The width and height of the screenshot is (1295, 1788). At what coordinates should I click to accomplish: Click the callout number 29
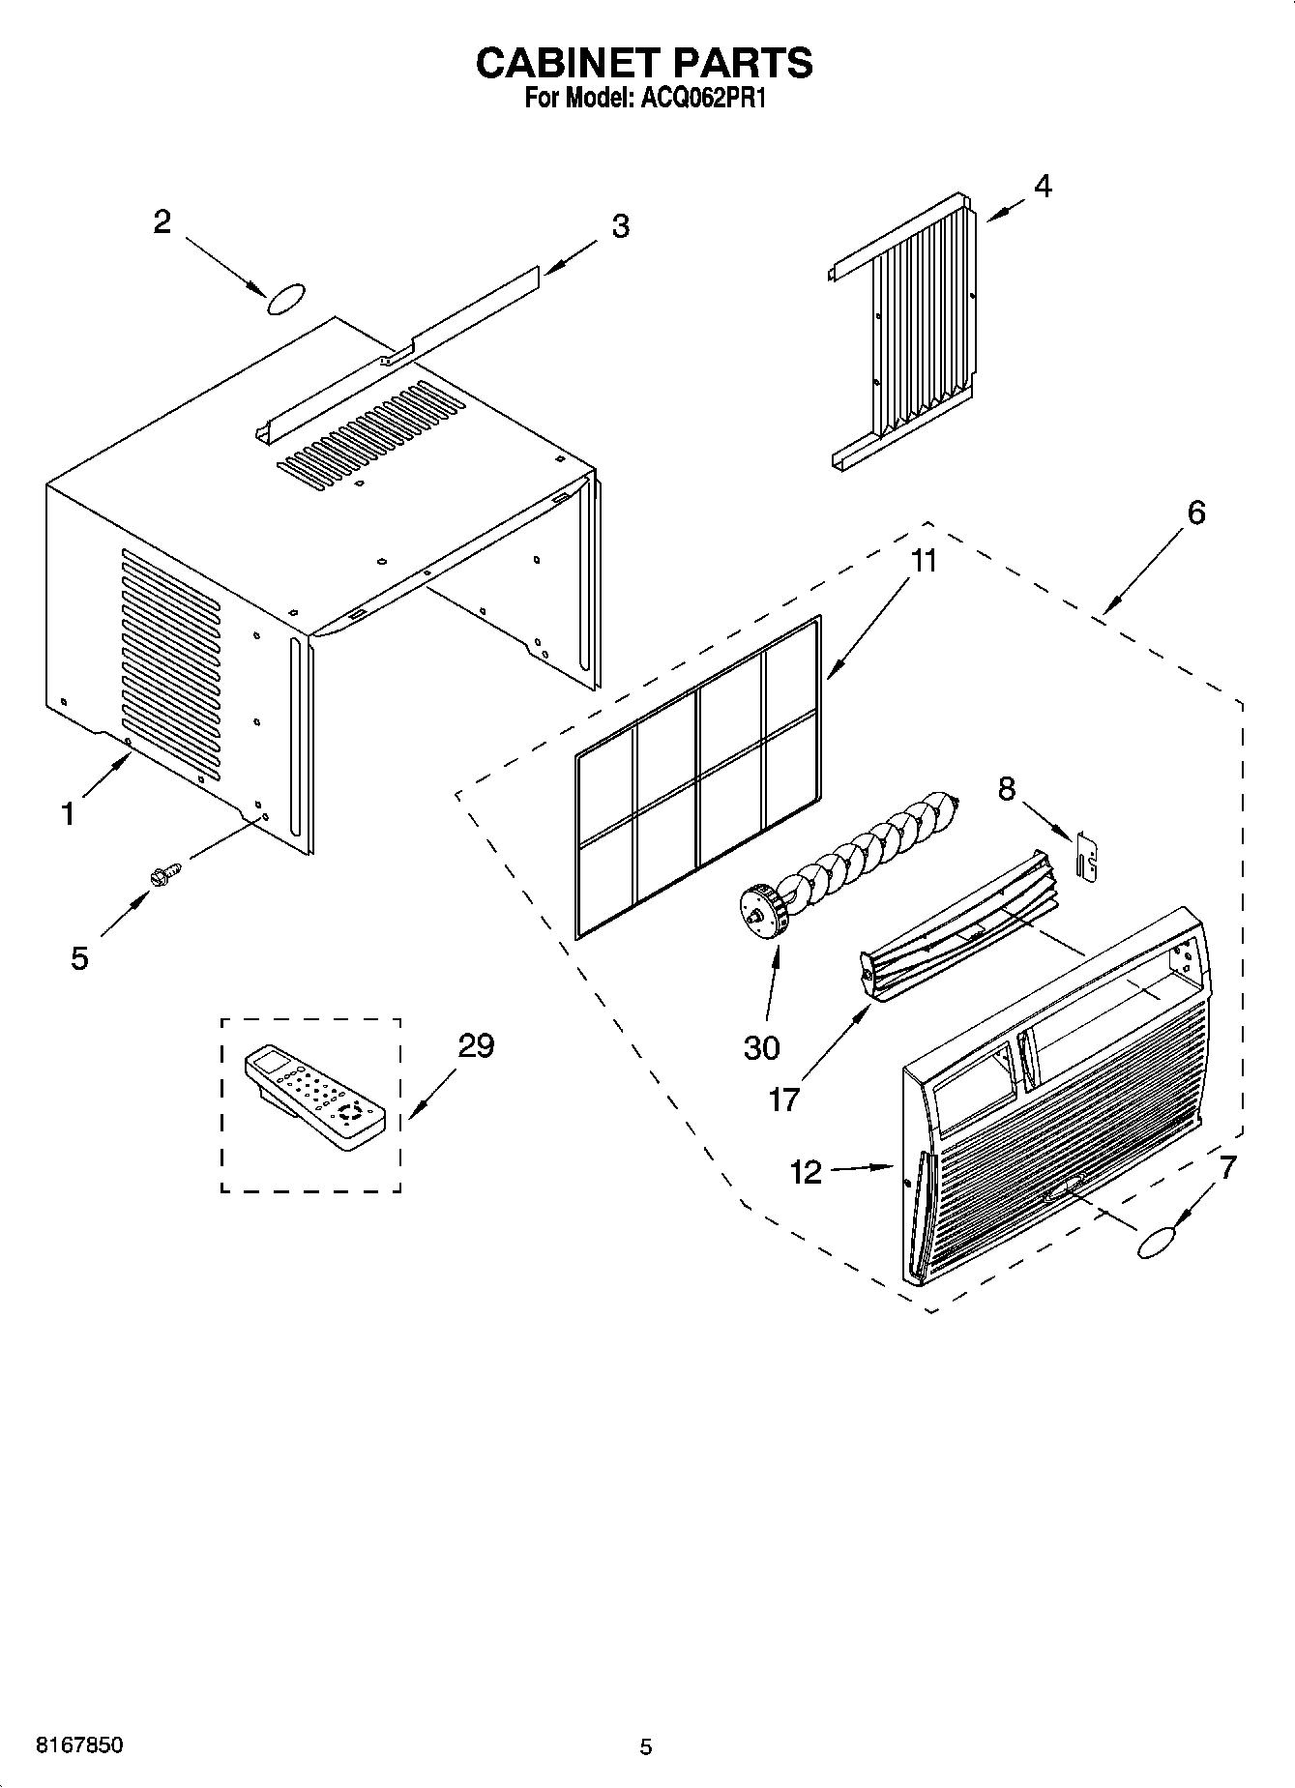476,1045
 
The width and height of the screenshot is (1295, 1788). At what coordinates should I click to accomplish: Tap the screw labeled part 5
164,875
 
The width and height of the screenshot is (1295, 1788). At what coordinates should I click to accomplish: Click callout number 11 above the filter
924,561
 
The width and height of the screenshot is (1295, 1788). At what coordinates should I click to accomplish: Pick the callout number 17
783,1099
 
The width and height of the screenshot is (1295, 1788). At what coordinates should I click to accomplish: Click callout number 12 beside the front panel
805,1173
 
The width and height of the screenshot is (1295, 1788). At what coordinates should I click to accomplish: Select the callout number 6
1195,513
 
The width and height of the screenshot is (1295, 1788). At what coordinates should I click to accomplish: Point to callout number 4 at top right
1041,186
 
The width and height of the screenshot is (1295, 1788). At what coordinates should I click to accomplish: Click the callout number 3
620,226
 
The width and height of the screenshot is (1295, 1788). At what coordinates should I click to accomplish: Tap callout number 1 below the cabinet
68,814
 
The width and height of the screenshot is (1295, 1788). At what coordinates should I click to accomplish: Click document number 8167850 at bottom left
79,1745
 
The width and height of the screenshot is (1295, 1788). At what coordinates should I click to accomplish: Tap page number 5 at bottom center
646,1746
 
